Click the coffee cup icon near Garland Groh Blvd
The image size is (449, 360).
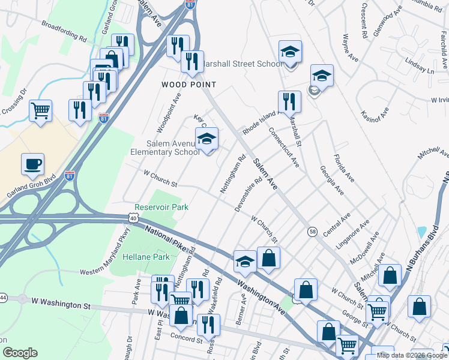[x=33, y=163]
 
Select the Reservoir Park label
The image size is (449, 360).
[x=161, y=207]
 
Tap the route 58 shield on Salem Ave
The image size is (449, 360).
[x=313, y=231]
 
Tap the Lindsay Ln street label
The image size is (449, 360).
[x=419, y=67]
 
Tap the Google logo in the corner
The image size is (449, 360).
[x=20, y=352]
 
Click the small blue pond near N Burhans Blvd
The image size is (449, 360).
[x=421, y=232]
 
